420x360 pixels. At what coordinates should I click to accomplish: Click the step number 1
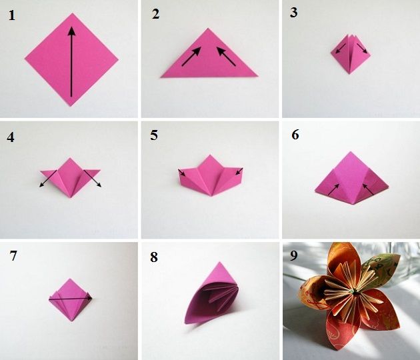(x=12, y=15)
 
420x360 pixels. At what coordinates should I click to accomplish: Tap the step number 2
(x=155, y=14)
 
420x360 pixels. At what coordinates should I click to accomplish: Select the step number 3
(x=293, y=13)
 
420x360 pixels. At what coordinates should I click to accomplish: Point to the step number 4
(x=11, y=137)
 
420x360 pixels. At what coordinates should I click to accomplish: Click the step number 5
(x=154, y=135)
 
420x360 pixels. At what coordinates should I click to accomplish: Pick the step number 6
(x=295, y=135)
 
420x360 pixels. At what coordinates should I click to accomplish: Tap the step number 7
(x=13, y=255)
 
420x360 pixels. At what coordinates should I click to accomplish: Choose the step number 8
(x=154, y=257)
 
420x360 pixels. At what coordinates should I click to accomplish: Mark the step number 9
(x=294, y=255)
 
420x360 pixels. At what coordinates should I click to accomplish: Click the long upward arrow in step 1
(x=71, y=61)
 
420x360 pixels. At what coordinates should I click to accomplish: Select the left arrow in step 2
(x=191, y=56)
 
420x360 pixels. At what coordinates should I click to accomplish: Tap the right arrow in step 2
(x=226, y=56)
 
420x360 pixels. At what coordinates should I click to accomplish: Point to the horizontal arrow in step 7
(x=71, y=297)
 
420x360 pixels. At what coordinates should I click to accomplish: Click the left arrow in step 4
(x=48, y=179)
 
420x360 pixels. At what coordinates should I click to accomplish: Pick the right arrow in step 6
(x=368, y=189)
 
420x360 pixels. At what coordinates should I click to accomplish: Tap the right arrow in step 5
(x=239, y=171)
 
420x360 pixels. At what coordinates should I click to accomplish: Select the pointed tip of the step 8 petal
(x=219, y=262)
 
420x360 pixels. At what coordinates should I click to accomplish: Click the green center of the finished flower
(x=355, y=292)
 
